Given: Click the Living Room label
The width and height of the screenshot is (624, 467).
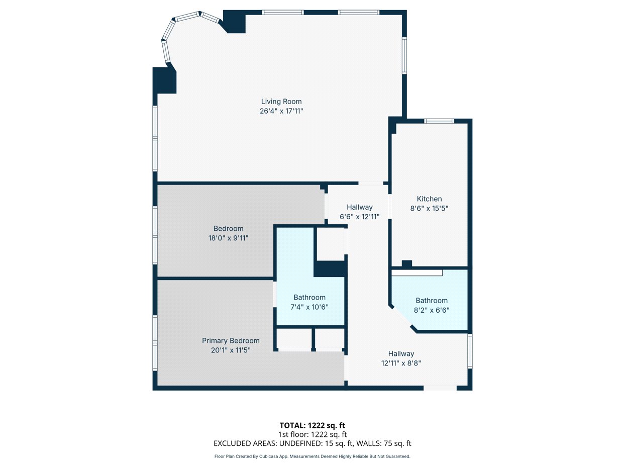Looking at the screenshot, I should pos(281,102).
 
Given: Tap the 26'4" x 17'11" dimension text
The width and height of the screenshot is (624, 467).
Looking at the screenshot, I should pos(281,111).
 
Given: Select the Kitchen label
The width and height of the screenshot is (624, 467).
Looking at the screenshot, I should pos(429,199).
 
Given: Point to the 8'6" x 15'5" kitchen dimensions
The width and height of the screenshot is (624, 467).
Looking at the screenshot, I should pos(429,208).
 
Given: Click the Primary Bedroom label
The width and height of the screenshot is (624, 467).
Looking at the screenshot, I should pos(231,341).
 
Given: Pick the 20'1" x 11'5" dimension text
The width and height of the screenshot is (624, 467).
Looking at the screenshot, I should pos(231,350).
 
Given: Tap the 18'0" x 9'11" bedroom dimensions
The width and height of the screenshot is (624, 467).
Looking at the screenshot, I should pos(228,238).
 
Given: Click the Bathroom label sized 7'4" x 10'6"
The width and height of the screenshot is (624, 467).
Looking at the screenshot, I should pos(309,298).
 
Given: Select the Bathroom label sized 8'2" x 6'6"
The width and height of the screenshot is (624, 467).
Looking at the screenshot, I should pos(431,301).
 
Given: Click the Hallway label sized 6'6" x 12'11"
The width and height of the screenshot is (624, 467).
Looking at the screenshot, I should pos(359,207).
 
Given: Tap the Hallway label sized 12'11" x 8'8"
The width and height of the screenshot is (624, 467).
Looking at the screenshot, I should pos(401,354).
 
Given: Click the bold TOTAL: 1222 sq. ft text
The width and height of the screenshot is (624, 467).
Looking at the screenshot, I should pos(312,425).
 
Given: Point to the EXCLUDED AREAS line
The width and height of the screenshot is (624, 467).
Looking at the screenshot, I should pos(312,443).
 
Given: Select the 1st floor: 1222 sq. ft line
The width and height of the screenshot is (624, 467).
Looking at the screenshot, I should pos(312,434).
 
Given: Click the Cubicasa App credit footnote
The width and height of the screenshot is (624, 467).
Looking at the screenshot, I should pos(312,456).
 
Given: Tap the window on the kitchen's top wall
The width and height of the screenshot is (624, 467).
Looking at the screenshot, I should pos(439,121).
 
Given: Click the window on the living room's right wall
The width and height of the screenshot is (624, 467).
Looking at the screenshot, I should pos(404,56).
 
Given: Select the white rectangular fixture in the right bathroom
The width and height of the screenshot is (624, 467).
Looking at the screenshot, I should pos(417,273).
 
